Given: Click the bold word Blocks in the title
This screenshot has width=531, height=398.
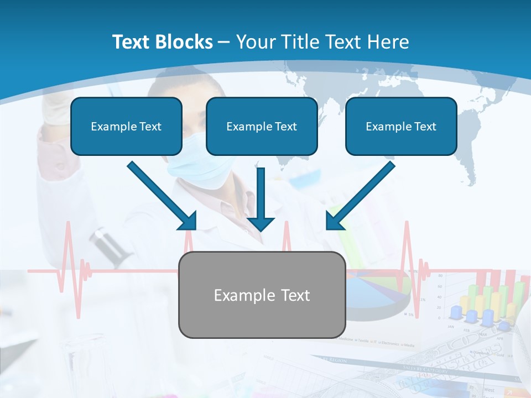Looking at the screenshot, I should (x=185, y=42).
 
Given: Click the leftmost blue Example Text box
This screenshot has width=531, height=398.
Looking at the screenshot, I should (x=126, y=126).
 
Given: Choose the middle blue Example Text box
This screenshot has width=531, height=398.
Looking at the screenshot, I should (x=262, y=126).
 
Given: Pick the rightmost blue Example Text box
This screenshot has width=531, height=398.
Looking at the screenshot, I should (x=401, y=126).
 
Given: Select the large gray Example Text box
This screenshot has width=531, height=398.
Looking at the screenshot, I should (x=262, y=295).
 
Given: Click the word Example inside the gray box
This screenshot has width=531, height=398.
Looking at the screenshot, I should (x=236, y=295).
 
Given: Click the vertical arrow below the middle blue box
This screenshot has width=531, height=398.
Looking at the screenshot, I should (x=261, y=199).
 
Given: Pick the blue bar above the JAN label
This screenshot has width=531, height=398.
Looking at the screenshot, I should (x=456, y=312).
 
